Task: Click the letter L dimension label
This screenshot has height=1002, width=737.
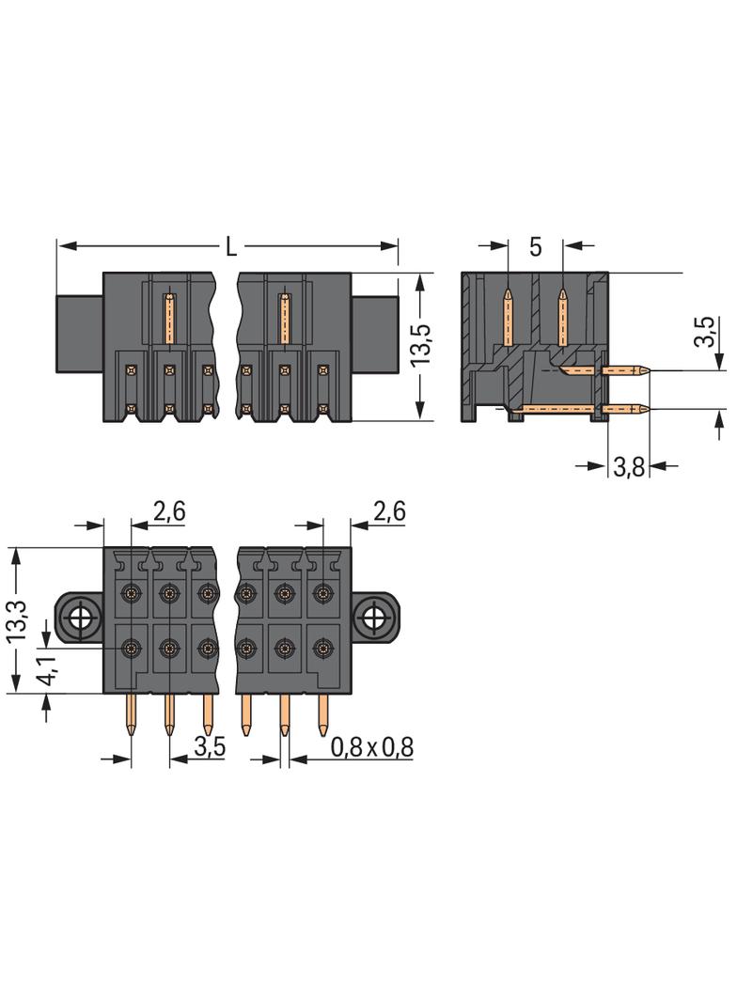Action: click(x=230, y=247)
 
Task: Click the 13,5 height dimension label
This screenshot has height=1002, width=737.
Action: click(x=421, y=346)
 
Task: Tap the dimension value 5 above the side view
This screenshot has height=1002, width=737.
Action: click(x=535, y=247)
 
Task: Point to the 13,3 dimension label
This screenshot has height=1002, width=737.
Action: click(x=16, y=621)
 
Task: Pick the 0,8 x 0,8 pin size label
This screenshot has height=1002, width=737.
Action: click(x=372, y=747)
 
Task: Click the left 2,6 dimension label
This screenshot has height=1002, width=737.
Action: click(x=169, y=511)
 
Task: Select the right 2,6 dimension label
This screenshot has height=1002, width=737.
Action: click(x=388, y=511)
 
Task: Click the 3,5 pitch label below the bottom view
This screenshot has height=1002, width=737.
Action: click(x=209, y=747)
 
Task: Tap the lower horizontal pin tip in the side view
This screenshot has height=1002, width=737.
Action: click(x=644, y=408)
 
